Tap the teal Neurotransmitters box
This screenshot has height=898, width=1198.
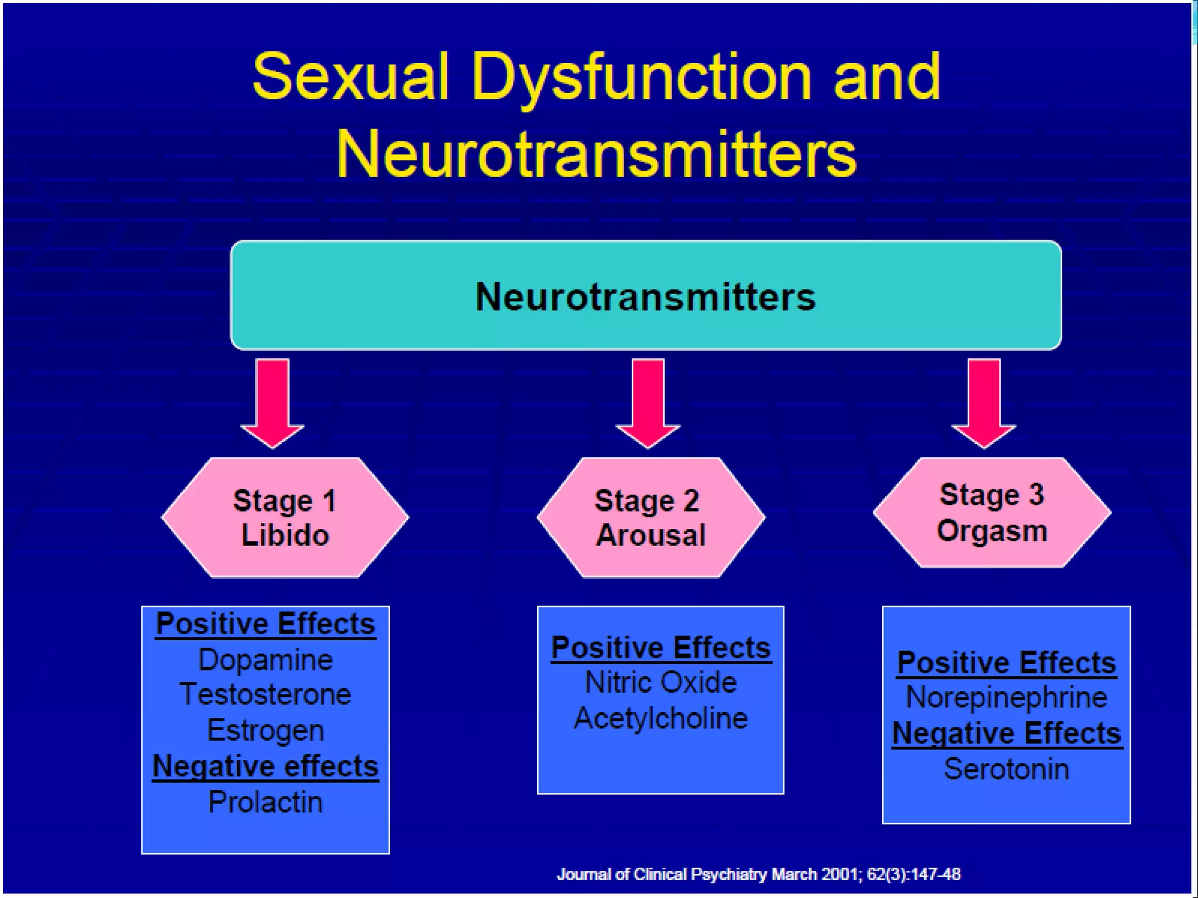coord(645,295)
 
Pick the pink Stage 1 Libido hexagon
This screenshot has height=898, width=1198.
coord(285,517)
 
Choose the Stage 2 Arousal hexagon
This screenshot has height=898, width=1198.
coord(650,517)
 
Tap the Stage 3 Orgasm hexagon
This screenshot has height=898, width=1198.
coord(992,513)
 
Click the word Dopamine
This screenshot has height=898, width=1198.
coord(266,660)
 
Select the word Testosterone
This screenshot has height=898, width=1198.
coord(266,695)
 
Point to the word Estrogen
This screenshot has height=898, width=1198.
coord(266,731)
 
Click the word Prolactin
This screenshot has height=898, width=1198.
coord(266,802)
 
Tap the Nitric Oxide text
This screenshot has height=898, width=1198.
coord(660,682)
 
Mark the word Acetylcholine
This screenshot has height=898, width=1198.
coord(660,719)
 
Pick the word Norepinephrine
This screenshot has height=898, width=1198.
coord(1006,697)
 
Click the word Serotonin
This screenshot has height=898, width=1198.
coord(1006,769)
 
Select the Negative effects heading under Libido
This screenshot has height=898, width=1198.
coord(266,766)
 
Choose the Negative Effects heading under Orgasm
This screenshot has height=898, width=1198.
coord(1006,733)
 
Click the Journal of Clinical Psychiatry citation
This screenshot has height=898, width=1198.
coord(758,875)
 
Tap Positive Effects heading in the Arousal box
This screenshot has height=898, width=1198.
coord(660,648)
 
